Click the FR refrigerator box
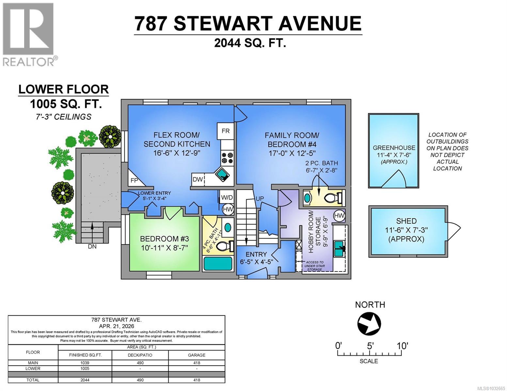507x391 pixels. [x=226, y=131]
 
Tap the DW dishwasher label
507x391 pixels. [x=198, y=180]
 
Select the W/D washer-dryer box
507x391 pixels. [x=227, y=197]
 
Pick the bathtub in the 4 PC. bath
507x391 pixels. [x=218, y=263]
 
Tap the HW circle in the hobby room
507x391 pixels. [x=339, y=215]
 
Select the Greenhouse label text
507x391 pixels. [x=394, y=148]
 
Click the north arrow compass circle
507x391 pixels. [x=369, y=324]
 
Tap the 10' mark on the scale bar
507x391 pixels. [x=402, y=346]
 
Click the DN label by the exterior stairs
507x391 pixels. [x=92, y=247]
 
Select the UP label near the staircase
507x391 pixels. [x=260, y=198]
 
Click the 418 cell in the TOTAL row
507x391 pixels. [x=197, y=380]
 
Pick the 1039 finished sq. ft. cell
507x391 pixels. [x=85, y=363]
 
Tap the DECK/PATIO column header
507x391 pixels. [x=140, y=355]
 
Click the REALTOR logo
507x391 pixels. [x=28, y=34]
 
